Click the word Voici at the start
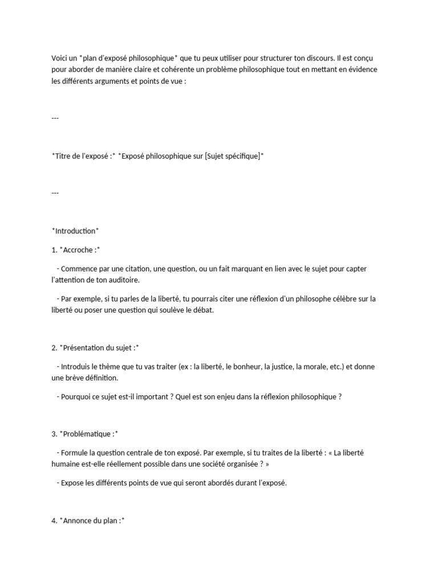[60, 58]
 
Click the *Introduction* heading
[75, 230]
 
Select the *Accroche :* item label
[80, 250]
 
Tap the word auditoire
[122, 280]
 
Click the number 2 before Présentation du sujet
[54, 347]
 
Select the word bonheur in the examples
[244, 367]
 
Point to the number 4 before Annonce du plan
[54, 521]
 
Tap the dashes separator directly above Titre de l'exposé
[55, 118]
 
